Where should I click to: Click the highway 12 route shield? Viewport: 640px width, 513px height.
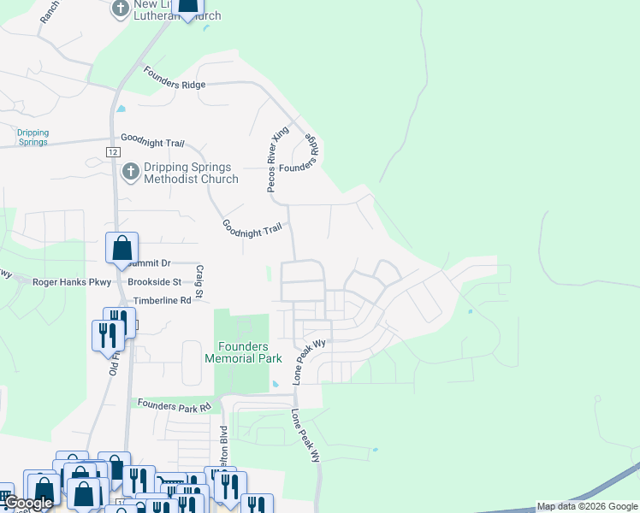click(112, 151)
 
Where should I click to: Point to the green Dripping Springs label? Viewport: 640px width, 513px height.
click(33, 138)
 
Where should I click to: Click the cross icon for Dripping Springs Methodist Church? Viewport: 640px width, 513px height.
click(130, 172)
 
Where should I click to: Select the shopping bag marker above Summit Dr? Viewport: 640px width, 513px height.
click(121, 248)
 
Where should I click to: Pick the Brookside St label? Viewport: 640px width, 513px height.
click(154, 281)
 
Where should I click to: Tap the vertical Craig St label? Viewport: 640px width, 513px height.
click(199, 281)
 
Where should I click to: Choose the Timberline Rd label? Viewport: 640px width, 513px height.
click(162, 301)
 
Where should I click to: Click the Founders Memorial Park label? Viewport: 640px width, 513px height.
click(237, 352)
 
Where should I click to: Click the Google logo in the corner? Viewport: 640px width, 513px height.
click(28, 504)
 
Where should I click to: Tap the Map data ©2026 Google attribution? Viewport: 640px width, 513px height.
click(587, 506)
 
